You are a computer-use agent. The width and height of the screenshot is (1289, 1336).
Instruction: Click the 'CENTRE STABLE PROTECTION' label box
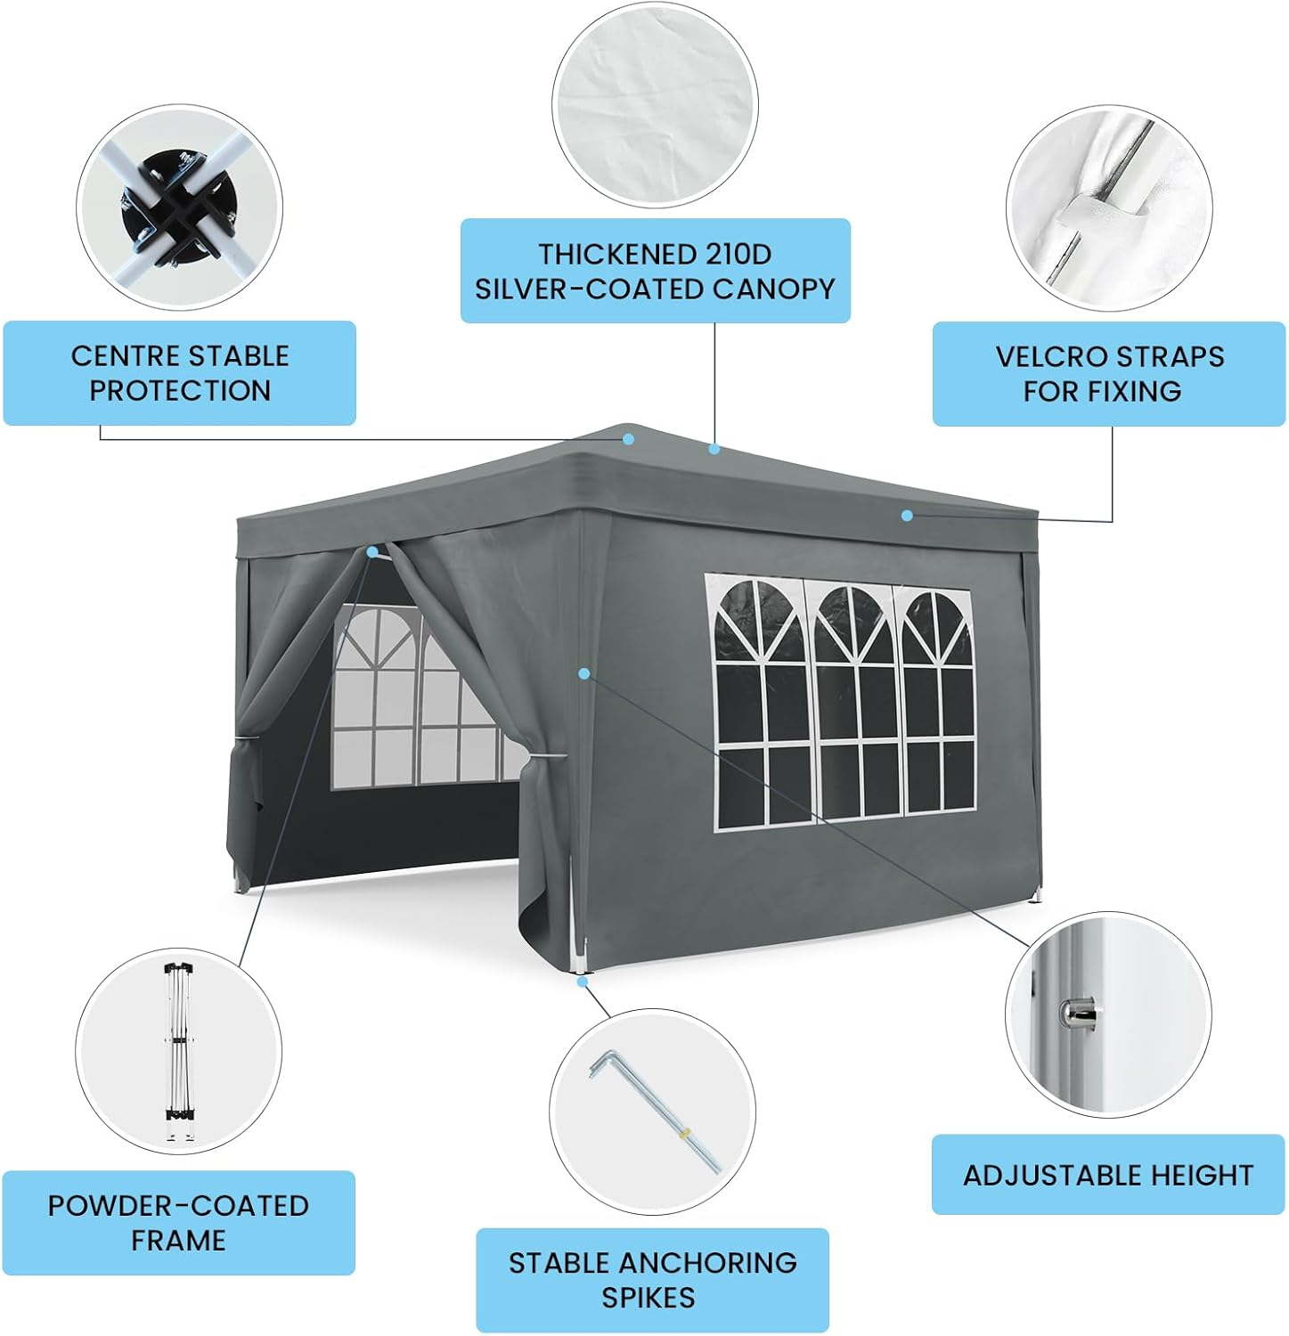coord(179,372)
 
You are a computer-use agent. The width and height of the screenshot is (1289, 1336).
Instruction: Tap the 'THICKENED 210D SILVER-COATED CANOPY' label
coord(655,271)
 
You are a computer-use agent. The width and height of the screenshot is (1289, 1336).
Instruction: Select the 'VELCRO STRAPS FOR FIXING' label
coord(1109,373)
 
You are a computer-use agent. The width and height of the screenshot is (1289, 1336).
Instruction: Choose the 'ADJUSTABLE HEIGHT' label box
coord(1108,1175)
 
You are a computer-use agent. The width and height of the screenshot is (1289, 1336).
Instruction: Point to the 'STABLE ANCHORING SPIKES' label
coord(652,1280)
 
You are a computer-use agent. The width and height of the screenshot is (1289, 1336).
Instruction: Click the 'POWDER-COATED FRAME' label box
coord(178,1222)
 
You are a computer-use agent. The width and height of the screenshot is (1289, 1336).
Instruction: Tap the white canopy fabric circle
coord(655,105)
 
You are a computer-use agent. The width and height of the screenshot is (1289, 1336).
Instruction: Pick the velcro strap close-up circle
coord(1109,208)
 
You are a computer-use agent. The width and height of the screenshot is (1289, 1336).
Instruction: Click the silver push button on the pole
coord(1078,1012)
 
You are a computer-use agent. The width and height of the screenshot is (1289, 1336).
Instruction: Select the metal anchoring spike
coord(657,1112)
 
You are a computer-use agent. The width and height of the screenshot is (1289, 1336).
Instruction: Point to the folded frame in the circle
coord(179,1053)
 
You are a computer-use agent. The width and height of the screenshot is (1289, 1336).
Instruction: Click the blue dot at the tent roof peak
coord(629,439)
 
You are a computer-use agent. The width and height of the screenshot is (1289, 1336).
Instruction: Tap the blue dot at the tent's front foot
coord(582,982)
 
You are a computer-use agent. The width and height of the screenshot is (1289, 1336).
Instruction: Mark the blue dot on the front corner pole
coord(583,673)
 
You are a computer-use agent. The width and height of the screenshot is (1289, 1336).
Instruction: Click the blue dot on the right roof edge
coord(907,516)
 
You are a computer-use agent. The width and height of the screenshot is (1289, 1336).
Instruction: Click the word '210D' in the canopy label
coord(738,254)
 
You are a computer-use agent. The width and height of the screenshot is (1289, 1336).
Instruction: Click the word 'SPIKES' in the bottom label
coord(649,1298)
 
